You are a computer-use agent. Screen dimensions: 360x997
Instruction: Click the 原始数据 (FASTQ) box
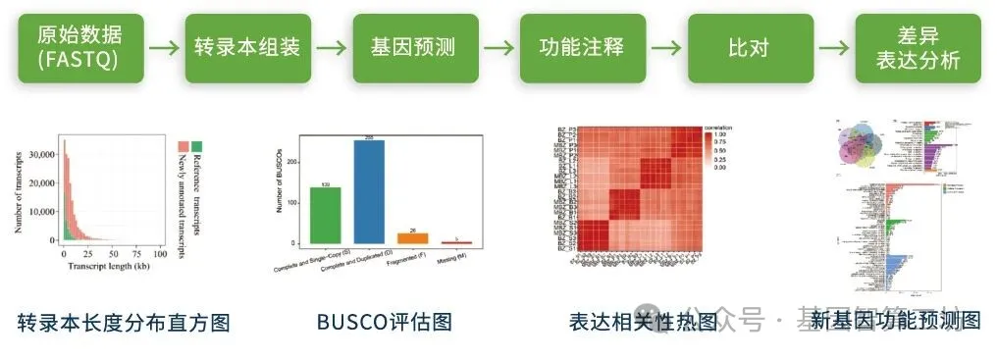click(79, 47)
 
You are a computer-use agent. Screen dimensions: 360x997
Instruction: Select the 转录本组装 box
click(246, 47)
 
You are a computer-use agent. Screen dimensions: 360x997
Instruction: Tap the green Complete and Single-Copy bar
click(325, 215)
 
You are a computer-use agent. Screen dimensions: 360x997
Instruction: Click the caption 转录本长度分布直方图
click(124, 322)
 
